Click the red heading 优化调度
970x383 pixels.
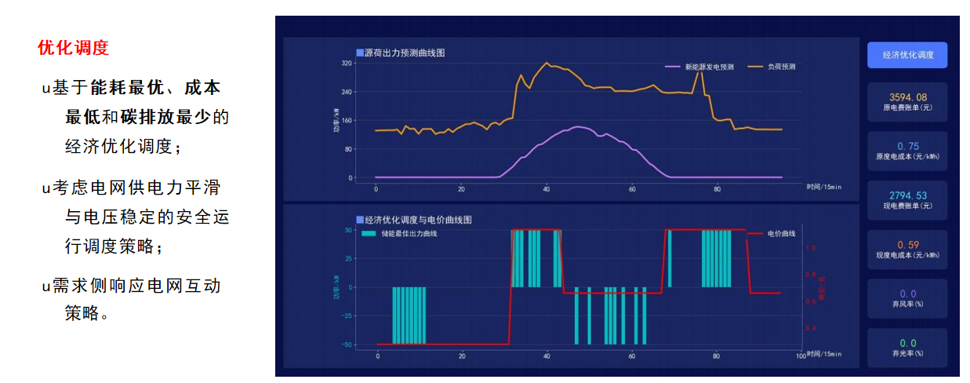(73, 48)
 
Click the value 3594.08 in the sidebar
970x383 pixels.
(906, 97)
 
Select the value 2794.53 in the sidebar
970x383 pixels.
(906, 195)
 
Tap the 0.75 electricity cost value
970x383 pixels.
(906, 146)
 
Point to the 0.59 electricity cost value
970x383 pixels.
(906, 245)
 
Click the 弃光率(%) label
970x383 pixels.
(906, 353)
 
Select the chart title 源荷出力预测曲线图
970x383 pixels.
(405, 53)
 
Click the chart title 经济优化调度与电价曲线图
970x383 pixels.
(419, 221)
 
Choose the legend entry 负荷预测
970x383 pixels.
(781, 67)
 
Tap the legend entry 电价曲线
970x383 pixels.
(781, 234)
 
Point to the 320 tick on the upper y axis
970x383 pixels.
(347, 63)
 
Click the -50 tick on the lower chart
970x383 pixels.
(346, 345)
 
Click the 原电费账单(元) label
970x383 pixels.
(906, 108)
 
